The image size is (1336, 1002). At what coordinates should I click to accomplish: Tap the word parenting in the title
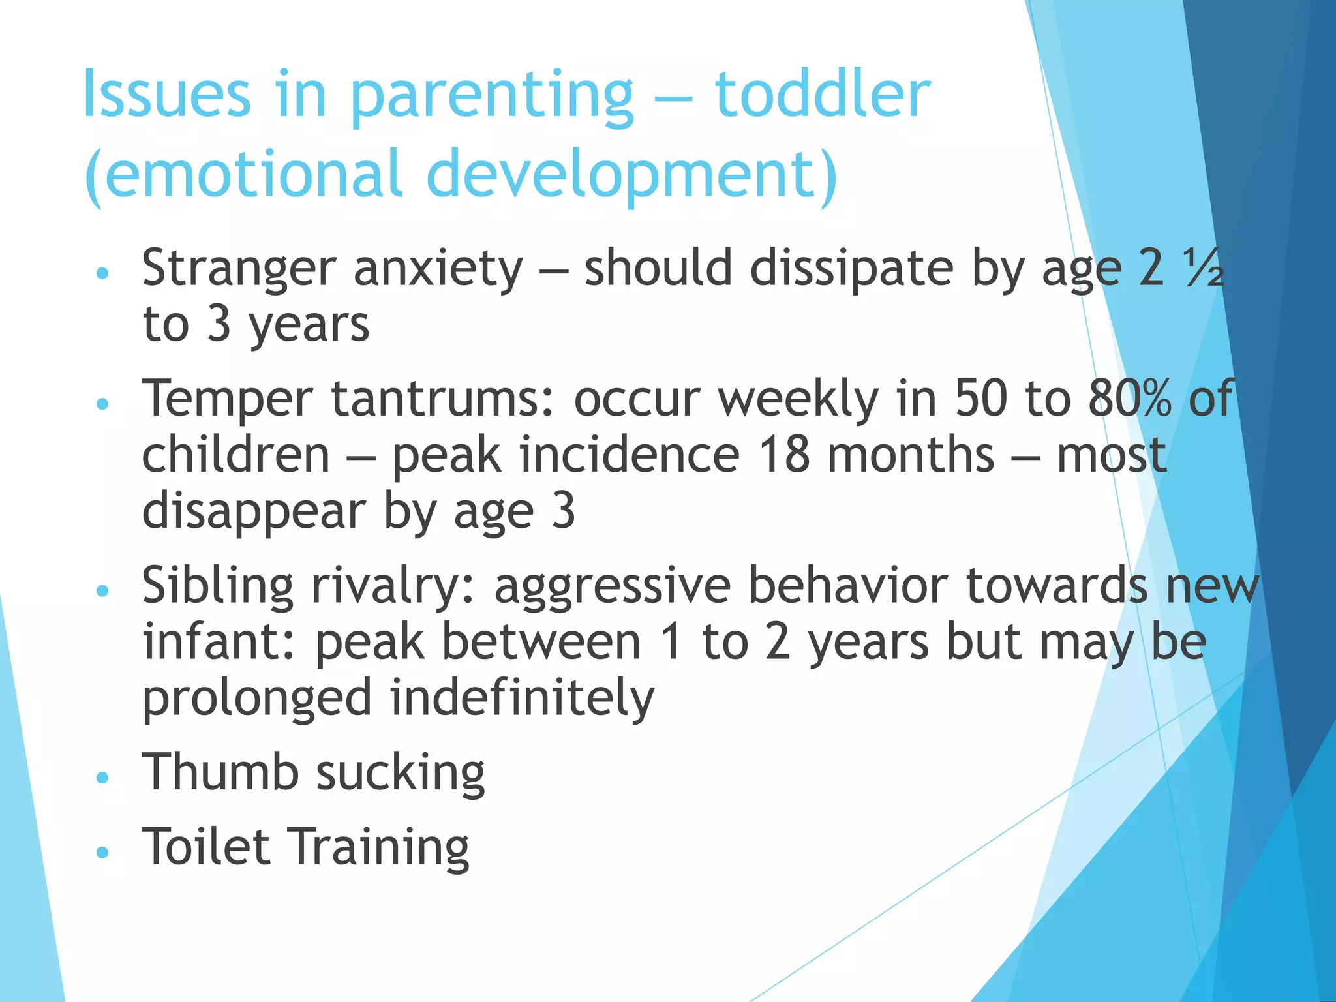[x=492, y=98]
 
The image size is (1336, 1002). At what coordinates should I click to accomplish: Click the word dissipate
[x=851, y=269]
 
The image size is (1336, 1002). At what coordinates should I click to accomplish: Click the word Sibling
[x=218, y=586]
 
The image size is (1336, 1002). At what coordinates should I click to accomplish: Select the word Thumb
[x=220, y=772]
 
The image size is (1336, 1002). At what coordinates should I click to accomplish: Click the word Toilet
[x=206, y=847]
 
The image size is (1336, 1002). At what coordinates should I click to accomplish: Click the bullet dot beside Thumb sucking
[x=101, y=777]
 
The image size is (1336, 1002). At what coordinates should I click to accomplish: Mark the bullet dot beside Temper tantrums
[x=101, y=404]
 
